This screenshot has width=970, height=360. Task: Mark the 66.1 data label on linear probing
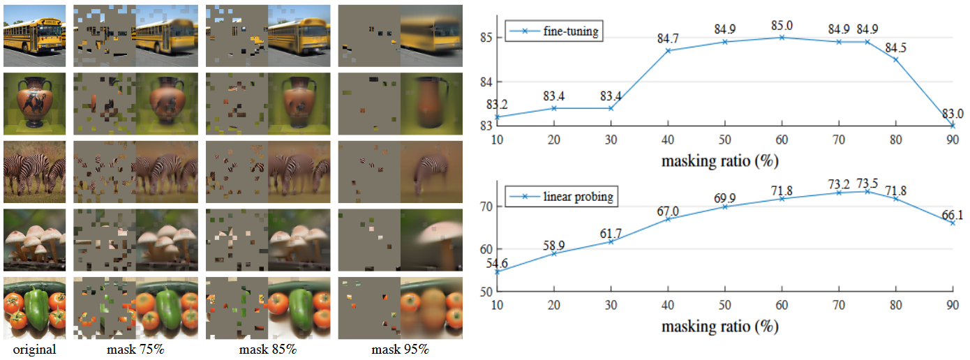(x=952, y=216)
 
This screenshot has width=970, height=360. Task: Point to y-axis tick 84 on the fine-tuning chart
(x=487, y=82)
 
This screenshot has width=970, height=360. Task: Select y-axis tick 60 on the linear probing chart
(x=487, y=249)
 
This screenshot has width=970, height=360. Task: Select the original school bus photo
(x=34, y=36)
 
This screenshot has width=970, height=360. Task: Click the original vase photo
(x=34, y=104)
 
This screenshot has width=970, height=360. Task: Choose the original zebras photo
(x=34, y=172)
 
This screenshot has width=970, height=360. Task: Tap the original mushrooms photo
(x=34, y=239)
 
